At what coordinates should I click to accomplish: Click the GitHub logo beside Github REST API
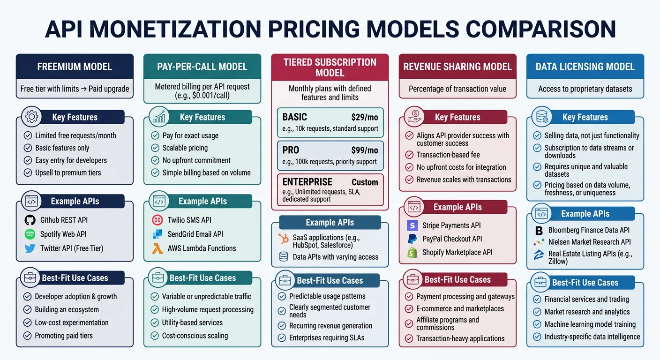30,220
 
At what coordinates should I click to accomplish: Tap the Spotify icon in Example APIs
30,234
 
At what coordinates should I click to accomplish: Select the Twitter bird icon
30,248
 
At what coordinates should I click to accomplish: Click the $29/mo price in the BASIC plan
364,117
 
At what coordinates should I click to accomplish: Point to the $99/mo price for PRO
364,150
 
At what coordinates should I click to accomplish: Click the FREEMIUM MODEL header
75,67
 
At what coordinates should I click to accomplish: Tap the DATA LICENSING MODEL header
585,67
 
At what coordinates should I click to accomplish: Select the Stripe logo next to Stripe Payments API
412,225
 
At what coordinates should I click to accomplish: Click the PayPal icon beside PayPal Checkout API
412,239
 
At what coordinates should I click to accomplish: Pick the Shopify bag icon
412,252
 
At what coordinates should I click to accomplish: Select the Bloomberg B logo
539,230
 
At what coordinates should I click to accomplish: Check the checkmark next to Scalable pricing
155,148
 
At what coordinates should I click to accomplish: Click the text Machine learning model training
590,324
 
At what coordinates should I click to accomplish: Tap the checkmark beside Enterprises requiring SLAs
282,338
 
